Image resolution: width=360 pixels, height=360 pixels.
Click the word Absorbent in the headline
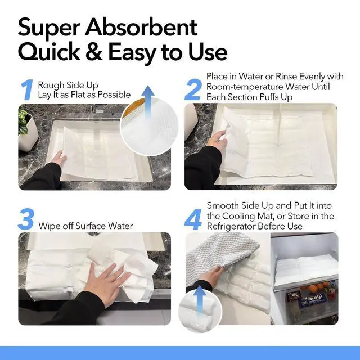click(x=141, y=28)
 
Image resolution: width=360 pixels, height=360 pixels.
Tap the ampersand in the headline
click(x=94, y=52)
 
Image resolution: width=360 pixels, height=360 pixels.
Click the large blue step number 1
click(x=28, y=89)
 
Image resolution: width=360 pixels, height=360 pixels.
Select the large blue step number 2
click(x=193, y=89)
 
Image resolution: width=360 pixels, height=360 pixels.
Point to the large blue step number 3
click(x=26, y=219)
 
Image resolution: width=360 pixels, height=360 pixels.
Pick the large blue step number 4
click(x=193, y=219)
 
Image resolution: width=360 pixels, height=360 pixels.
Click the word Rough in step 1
click(x=51, y=85)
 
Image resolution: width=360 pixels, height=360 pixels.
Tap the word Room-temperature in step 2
click(x=245, y=87)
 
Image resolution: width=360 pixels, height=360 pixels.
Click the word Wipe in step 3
click(x=49, y=226)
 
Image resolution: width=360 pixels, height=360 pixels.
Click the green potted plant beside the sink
click(x=24, y=121)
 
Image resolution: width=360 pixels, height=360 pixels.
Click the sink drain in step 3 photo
click(x=93, y=234)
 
